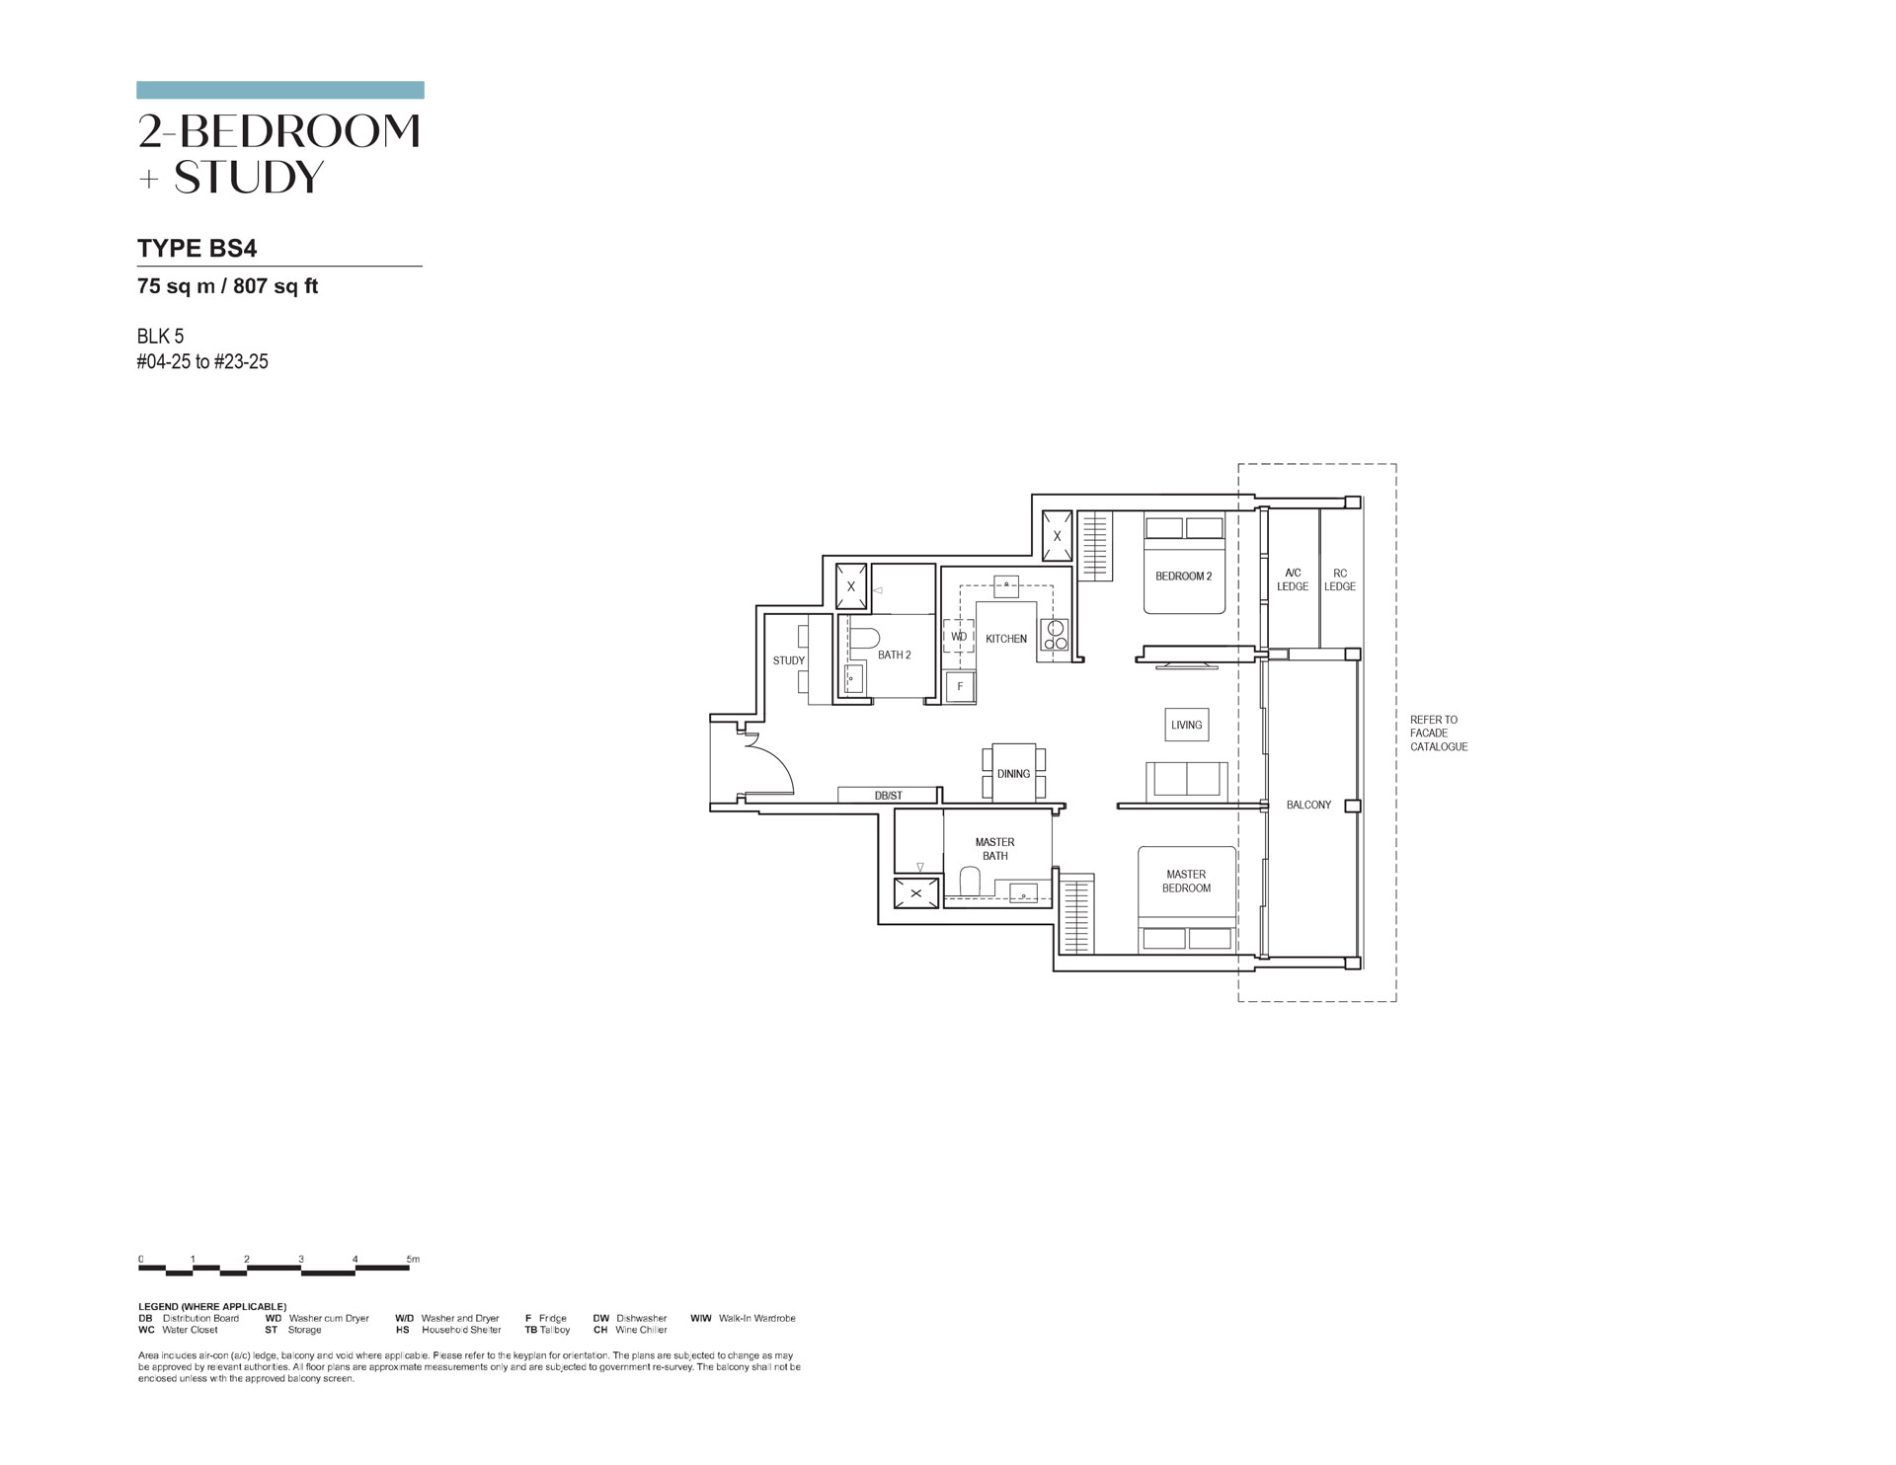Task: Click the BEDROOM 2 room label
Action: coord(1183,577)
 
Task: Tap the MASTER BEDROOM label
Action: coord(1186,881)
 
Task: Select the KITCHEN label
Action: coord(1006,639)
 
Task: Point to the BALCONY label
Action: coord(1308,806)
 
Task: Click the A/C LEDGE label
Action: coord(1293,579)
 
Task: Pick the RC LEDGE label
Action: coord(1340,579)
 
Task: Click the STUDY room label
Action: coord(789,660)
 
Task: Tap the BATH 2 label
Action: coord(895,655)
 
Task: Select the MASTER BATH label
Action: coord(995,849)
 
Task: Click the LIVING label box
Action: coord(1187,725)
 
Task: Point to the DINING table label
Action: coord(1014,774)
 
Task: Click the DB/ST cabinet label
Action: coord(889,796)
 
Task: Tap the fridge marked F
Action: coord(960,686)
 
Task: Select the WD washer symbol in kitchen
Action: coord(959,638)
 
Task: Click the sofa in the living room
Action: coord(1187,780)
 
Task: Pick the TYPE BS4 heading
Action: coord(197,249)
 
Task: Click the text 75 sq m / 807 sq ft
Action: coord(227,287)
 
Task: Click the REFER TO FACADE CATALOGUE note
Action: coord(1439,733)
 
